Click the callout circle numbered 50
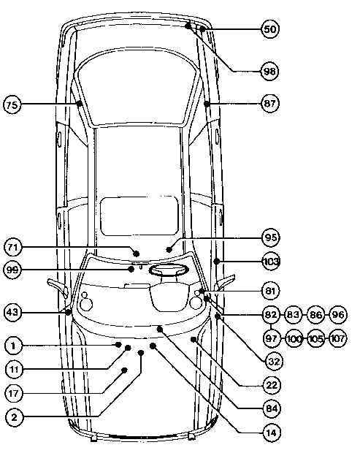[x=270, y=29]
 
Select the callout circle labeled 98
[x=269, y=71]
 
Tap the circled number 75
[x=12, y=104]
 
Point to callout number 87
[x=270, y=103]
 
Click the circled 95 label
[x=271, y=237]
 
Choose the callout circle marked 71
[x=12, y=247]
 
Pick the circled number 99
[x=12, y=270]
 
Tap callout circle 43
[x=12, y=312]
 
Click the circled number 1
[x=13, y=346]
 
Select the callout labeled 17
[x=14, y=393]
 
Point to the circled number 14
[x=272, y=433]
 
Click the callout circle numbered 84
[x=272, y=408]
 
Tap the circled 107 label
[x=337, y=338]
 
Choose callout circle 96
[x=337, y=315]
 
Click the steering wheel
[x=169, y=270]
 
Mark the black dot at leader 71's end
[x=137, y=254]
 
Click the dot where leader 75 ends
[x=79, y=104]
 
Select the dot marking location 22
[x=194, y=339]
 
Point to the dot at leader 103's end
[x=217, y=262]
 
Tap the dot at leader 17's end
[x=124, y=370]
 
